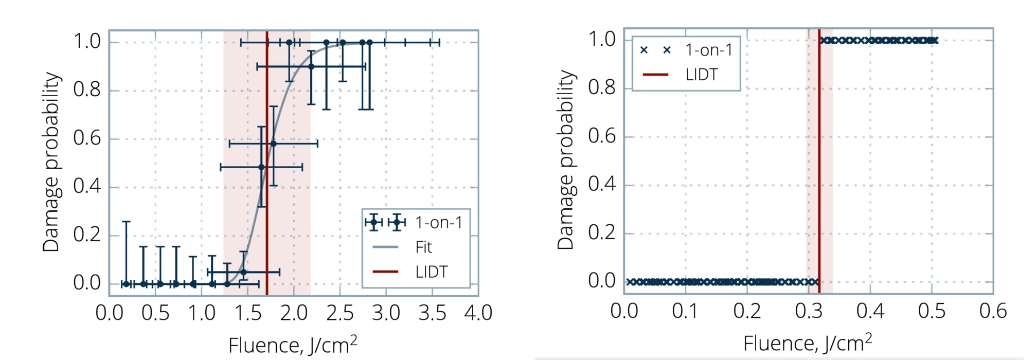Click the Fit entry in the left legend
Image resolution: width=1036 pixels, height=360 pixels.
coord(423,247)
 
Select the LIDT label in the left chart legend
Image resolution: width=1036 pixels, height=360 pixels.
coord(431,272)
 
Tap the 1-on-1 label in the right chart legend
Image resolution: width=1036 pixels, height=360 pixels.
coord(708,50)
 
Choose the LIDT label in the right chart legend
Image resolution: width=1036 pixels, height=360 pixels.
coord(701,75)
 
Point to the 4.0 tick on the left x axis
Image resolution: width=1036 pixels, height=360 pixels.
coord(478,313)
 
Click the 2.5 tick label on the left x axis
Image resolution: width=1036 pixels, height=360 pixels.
coord(340,313)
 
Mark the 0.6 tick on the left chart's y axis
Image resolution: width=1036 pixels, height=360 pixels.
coord(87,138)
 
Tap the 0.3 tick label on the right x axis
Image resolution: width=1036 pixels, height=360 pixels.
coord(809,311)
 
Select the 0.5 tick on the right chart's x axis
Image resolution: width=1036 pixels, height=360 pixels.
coord(932,311)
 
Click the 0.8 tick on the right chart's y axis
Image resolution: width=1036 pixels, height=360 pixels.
coord(602,88)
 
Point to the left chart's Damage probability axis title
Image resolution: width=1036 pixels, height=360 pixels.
coord(51,162)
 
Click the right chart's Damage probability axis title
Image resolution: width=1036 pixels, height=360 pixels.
coord(565,160)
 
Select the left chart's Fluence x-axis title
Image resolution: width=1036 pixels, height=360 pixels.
coord(293,345)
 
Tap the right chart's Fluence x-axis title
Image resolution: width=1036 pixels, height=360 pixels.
coord(808,343)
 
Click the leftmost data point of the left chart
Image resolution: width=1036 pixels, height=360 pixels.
coord(126,284)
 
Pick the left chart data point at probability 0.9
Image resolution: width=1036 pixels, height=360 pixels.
coord(311,66)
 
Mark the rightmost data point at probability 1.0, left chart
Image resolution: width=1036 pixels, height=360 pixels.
coord(369,43)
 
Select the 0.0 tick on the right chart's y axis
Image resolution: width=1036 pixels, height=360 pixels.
coord(602,281)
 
